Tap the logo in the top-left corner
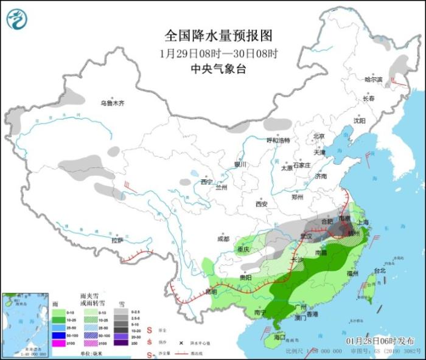tap(17, 19)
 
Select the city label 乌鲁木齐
tap(112, 103)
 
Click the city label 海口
tap(279, 336)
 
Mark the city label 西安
tap(262, 204)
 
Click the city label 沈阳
tap(360, 120)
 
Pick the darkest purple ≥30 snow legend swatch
tap(121, 343)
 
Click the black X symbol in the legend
tap(181, 343)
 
